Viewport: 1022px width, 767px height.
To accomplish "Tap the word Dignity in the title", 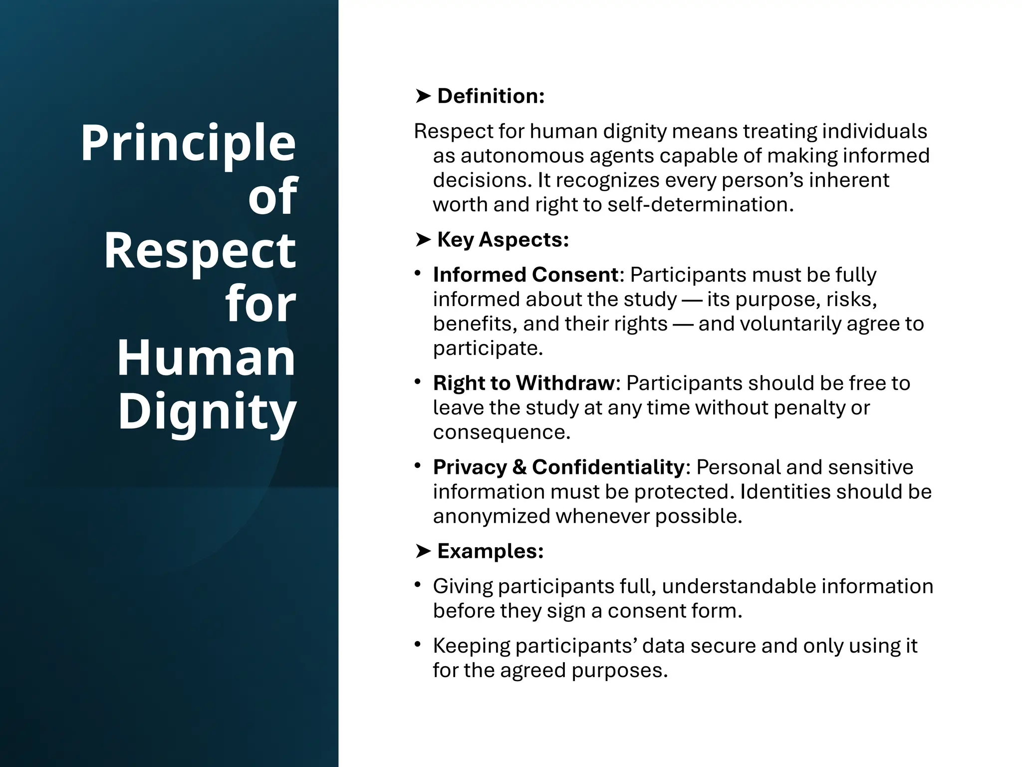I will point(207,411).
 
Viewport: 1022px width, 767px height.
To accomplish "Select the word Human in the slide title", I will point(206,358).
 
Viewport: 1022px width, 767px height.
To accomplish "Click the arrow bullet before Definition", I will point(423,96).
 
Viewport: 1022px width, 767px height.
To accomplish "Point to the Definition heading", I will point(491,96).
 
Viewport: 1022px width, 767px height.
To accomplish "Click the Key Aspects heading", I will point(503,240).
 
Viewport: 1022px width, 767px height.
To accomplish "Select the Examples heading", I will point(490,551).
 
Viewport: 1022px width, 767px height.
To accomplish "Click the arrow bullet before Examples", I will point(423,551).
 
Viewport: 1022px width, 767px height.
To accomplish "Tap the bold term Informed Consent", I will point(525,275).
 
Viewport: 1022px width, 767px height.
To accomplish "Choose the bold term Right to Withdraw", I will point(523,383).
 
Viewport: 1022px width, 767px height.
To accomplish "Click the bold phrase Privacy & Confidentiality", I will point(558,467).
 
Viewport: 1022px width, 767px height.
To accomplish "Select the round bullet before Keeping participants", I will point(418,645).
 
